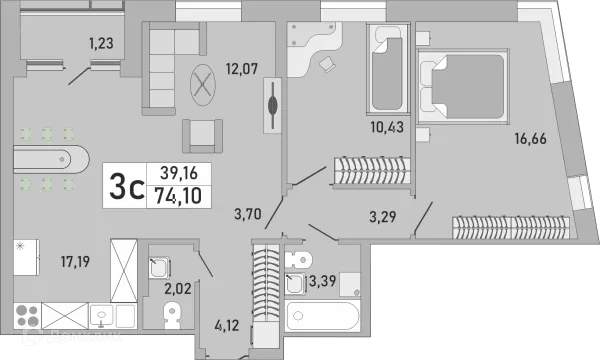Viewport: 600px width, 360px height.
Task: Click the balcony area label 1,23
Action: pos(101,43)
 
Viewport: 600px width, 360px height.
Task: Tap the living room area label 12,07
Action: pos(242,69)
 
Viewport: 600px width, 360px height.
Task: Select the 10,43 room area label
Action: pos(387,127)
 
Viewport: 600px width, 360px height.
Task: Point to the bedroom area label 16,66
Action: pos(530,138)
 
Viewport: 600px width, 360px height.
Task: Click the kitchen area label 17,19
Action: pos(75,262)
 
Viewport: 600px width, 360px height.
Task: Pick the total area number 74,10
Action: pos(178,195)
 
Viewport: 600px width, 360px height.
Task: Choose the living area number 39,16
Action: pos(179,173)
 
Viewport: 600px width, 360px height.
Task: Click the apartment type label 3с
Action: pos(126,186)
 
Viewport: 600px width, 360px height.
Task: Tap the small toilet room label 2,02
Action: pos(178,288)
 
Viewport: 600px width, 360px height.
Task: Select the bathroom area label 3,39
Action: pos(322,281)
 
